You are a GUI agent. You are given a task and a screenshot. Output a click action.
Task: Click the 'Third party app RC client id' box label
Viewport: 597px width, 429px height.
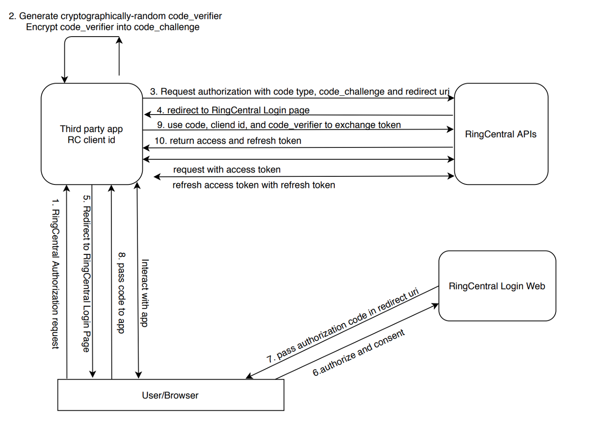point(91,134)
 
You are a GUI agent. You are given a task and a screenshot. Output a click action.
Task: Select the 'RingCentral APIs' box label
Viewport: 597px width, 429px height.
point(501,134)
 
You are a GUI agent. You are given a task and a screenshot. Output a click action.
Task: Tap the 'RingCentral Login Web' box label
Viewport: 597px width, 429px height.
point(497,286)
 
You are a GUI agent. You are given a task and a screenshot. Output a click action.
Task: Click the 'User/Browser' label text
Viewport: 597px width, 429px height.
point(170,395)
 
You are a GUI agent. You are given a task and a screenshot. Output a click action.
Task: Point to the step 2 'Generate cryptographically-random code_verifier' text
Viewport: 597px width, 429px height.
point(115,16)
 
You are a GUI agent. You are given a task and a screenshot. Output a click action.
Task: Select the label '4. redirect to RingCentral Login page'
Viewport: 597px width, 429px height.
point(233,110)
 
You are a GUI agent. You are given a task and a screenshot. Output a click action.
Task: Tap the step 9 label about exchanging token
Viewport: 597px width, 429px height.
point(279,125)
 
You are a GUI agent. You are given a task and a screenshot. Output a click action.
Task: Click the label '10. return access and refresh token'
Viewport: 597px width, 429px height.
point(228,141)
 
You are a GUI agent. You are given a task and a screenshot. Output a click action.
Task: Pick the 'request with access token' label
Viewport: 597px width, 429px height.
point(227,170)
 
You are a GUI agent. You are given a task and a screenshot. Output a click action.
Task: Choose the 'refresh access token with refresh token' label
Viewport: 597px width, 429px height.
point(254,185)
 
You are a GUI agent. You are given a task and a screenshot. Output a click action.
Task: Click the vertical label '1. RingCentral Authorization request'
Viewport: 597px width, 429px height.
point(55,274)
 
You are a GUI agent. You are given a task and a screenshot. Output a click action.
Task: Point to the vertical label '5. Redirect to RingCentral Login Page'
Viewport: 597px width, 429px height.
point(86,274)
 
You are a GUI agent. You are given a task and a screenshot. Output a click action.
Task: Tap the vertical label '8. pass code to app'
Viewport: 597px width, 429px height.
point(121,293)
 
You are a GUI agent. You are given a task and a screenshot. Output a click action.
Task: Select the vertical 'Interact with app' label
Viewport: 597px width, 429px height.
point(145,293)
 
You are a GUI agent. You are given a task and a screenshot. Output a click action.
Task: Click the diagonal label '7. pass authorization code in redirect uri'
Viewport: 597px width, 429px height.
point(343,325)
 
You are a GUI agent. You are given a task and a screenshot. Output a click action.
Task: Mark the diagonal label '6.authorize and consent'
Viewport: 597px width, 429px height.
point(359,353)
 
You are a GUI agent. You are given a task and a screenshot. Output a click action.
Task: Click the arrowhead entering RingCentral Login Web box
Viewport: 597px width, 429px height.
point(435,305)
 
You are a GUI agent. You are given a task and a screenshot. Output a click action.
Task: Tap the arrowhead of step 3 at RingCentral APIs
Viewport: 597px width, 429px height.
point(451,98)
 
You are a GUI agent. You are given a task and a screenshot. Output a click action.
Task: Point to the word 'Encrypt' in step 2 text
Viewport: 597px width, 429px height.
point(42,27)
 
